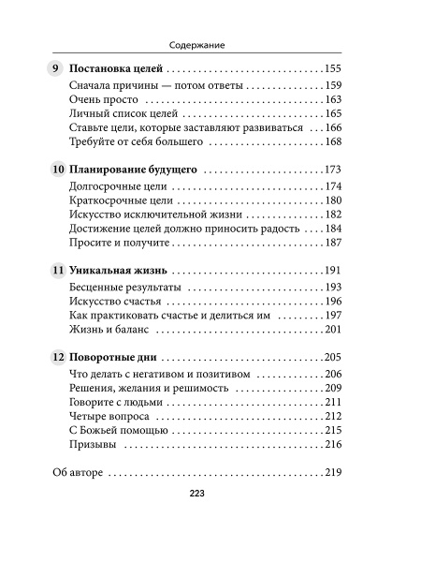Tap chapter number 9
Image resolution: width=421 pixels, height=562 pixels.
click(55, 69)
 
